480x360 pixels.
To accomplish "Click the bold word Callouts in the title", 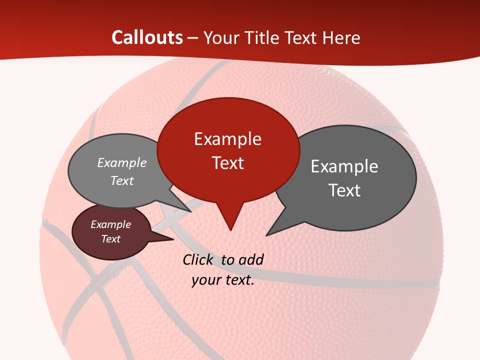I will click(x=147, y=37).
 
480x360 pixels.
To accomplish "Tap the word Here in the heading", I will click(x=342, y=37).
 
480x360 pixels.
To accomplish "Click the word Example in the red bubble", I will click(x=227, y=139).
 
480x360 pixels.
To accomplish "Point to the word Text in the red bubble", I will click(x=227, y=163).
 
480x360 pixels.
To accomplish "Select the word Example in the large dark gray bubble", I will click(x=344, y=166).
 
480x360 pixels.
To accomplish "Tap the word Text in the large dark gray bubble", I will click(x=344, y=190).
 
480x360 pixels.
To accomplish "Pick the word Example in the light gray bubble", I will click(x=121, y=163).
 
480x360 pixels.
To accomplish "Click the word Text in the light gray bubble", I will click(x=121, y=181).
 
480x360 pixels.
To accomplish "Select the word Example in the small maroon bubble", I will click(x=110, y=225).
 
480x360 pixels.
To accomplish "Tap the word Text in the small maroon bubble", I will click(x=110, y=239).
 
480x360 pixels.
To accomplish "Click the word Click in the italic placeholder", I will click(x=198, y=259).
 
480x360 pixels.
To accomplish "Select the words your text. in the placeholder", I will click(x=223, y=280).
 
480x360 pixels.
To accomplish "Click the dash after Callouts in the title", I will click(x=193, y=37).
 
